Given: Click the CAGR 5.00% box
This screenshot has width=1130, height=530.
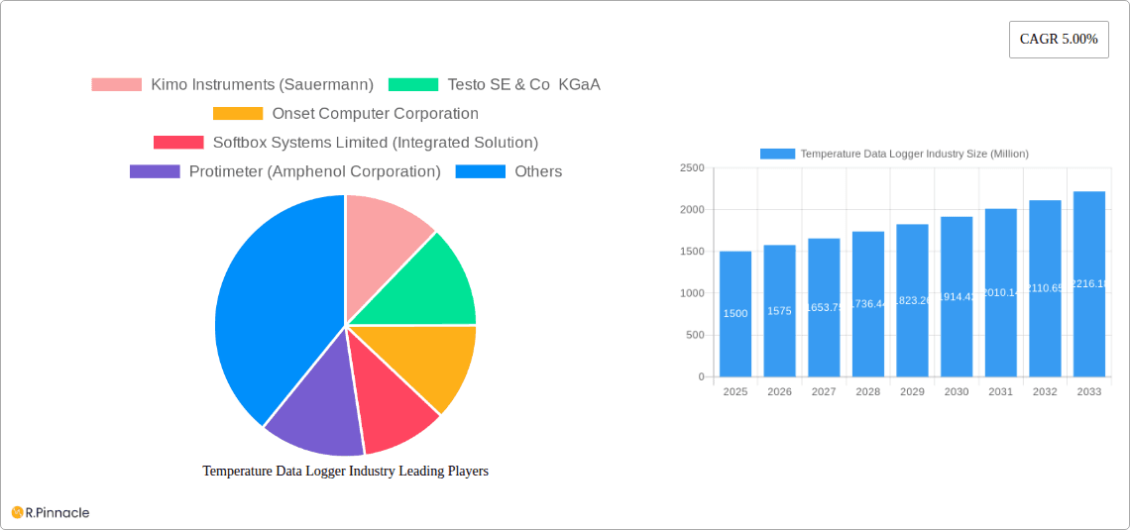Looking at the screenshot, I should coord(1058,40).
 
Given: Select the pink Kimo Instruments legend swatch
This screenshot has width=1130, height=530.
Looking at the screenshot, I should coord(116,84).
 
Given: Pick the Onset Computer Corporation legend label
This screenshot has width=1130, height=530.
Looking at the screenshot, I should coord(375,114).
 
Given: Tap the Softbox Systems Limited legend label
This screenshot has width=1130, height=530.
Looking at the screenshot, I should coord(375,143).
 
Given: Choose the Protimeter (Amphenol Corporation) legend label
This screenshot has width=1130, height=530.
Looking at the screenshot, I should coord(314,171).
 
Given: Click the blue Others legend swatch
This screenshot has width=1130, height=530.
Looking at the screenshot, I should coord(480,171).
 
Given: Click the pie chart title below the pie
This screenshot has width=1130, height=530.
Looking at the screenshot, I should coord(345,471).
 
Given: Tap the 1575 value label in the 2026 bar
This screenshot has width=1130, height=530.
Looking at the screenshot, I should coord(779,311).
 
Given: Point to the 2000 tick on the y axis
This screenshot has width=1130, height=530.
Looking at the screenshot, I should coord(691,210).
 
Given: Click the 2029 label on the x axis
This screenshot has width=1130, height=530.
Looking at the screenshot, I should coord(912,392).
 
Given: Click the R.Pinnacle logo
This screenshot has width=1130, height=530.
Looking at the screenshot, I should coord(51,512).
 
